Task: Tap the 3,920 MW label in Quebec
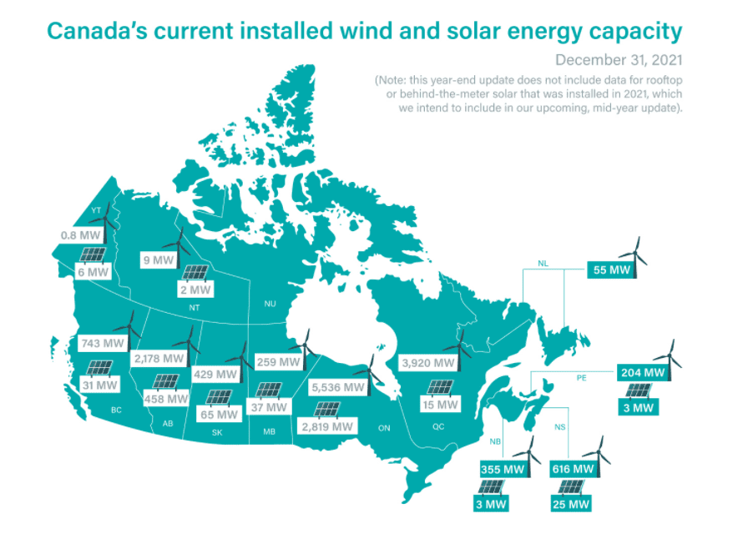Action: pyautogui.click(x=428, y=364)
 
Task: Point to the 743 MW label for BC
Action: pyautogui.click(x=102, y=343)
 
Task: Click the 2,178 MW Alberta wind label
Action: pyautogui.click(x=158, y=358)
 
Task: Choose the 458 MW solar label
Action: pyautogui.click(x=165, y=399)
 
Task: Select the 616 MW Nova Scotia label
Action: pyautogui.click(x=573, y=469)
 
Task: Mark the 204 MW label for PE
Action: pyautogui.click(x=642, y=372)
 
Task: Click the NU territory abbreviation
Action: pyautogui.click(x=270, y=304)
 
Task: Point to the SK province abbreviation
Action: pyautogui.click(x=216, y=433)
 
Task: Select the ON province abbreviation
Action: pyautogui.click(x=384, y=428)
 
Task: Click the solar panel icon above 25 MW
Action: pyautogui.click(x=573, y=487)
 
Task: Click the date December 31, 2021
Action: pyautogui.click(x=619, y=60)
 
